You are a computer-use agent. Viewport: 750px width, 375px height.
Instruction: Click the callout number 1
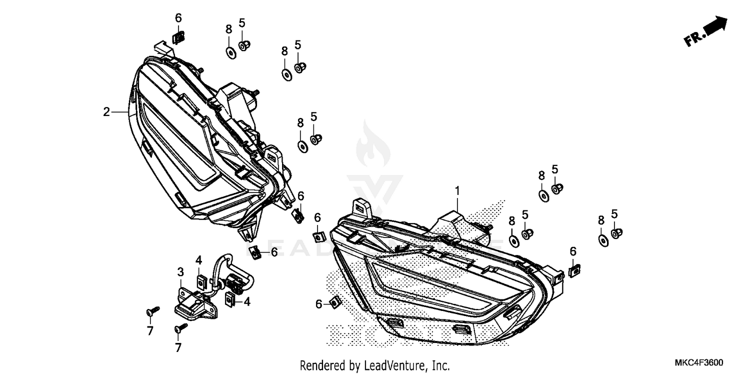[456, 190]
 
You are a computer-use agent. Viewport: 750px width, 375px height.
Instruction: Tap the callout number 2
[106, 112]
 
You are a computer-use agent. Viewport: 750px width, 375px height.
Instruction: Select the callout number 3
[180, 272]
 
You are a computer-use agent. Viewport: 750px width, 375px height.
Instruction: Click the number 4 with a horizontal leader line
[246, 301]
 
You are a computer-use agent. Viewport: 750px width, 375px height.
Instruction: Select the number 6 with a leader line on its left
[274, 251]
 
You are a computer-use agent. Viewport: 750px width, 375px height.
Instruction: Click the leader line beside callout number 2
[120, 112]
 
